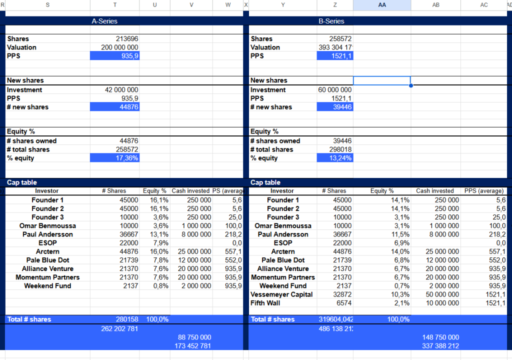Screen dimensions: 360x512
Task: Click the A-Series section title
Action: [104, 21]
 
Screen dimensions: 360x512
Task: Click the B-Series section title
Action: [331, 21]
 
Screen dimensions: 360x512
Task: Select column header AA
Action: [382, 4]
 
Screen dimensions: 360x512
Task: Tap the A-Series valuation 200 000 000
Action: [119, 47]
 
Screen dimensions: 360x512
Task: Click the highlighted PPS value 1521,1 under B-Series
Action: [334, 56]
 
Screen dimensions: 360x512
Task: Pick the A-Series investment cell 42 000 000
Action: [119, 90]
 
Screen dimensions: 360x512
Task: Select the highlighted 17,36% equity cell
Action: [115, 158]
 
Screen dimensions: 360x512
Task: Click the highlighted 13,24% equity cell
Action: [334, 158]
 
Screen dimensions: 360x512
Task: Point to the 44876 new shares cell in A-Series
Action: [115, 107]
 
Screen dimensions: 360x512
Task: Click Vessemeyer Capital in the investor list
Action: [281, 294]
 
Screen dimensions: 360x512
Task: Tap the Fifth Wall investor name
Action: [265, 303]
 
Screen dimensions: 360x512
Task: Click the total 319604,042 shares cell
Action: [335, 319]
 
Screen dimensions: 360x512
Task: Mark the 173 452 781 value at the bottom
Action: [192, 346]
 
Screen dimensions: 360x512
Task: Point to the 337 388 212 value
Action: [440, 346]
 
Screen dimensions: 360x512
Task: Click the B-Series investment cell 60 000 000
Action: [334, 90]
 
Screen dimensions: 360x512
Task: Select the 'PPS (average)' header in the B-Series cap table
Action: [483, 191]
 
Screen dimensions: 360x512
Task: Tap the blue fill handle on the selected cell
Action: [411, 85]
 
